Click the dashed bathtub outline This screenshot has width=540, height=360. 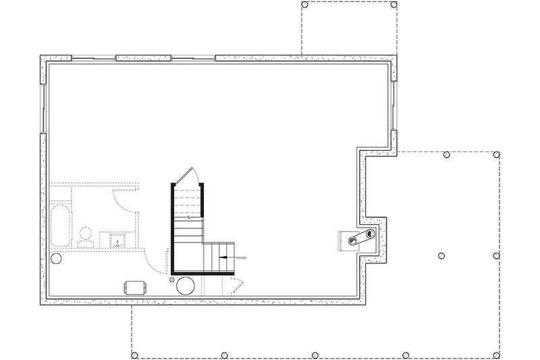pyautogui.click(x=59, y=226)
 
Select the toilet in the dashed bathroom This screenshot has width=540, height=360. pyautogui.click(x=85, y=236)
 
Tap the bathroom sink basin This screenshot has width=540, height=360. pyautogui.click(x=117, y=239)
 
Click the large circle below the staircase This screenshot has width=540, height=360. pyautogui.click(x=186, y=284)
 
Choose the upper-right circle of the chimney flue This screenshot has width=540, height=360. pyautogui.click(x=367, y=234)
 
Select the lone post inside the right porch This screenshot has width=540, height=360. pyautogui.click(x=441, y=255)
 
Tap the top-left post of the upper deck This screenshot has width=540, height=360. pyautogui.click(x=304, y=5)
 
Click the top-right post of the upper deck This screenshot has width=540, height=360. pyautogui.click(x=394, y=5)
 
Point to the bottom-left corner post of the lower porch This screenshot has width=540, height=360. pyautogui.click(x=134, y=355)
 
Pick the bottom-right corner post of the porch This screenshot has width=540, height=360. pyautogui.click(x=498, y=355)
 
